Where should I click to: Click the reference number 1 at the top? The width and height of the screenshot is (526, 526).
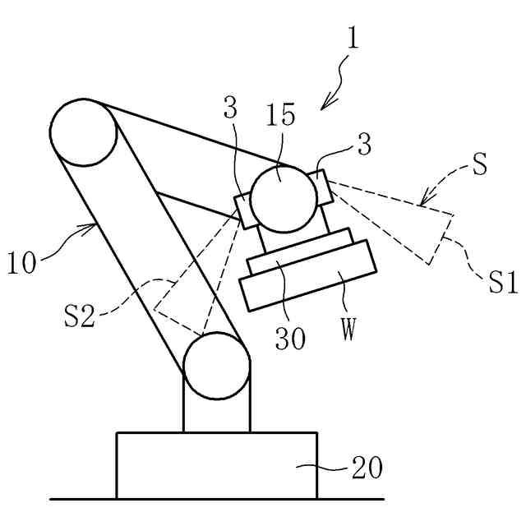pos(352,39)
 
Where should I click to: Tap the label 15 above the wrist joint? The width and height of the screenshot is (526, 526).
pos(280,116)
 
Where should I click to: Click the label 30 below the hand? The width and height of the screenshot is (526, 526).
pos(289,336)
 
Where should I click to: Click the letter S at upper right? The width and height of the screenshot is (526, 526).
pos(480,162)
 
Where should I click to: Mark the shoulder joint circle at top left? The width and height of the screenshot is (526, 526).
pos(83,133)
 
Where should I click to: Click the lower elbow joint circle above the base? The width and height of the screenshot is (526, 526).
pos(216,366)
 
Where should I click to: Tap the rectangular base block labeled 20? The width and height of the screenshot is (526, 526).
pos(216,465)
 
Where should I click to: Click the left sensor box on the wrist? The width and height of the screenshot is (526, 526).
pos(246,210)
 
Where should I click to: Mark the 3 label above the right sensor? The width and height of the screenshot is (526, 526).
pos(364,146)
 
